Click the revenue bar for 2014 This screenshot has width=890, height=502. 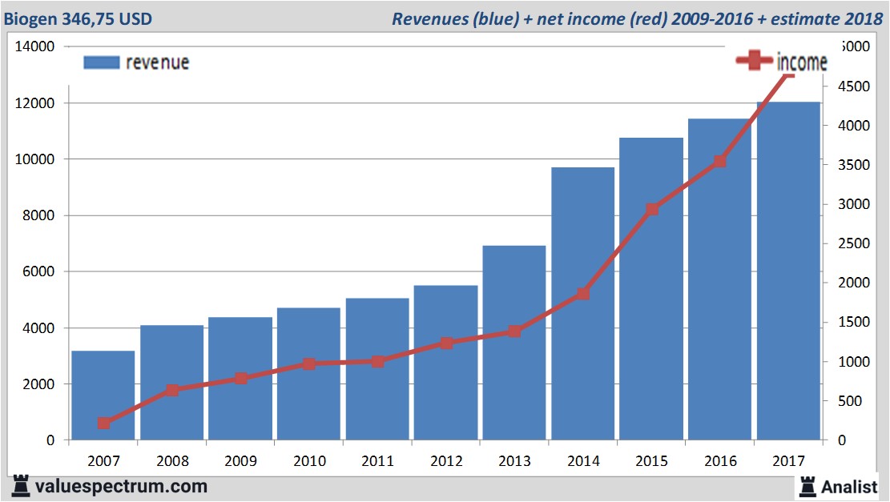click(582, 304)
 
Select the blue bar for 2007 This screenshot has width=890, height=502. click(103, 396)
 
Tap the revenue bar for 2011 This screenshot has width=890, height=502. click(377, 368)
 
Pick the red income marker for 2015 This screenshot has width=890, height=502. click(651, 210)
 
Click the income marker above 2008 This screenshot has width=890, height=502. click(171, 391)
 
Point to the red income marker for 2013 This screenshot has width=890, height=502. click(514, 331)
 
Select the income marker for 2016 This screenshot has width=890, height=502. click(719, 161)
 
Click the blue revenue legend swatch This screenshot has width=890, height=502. click(101, 62)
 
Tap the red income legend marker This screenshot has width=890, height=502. click(754, 62)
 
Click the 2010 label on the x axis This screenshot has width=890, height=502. click(309, 460)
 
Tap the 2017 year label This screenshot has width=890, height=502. click(788, 460)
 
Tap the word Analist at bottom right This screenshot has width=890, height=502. click(850, 486)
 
